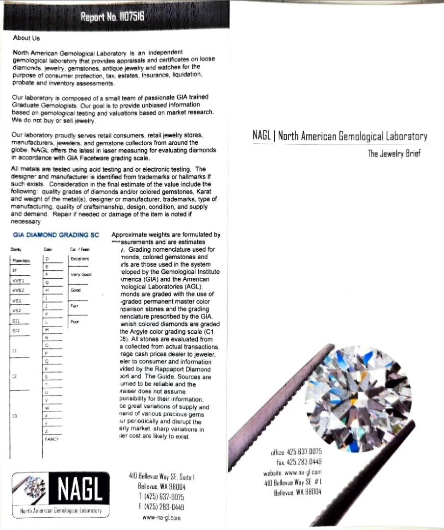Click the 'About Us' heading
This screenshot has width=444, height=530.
pyautogui.click(x=26, y=38)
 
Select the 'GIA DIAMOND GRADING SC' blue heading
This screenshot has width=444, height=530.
pyautogui.click(x=56, y=235)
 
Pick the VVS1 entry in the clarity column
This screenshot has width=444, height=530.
pyautogui.click(x=18, y=281)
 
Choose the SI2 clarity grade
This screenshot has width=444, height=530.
pyautogui.click(x=16, y=331)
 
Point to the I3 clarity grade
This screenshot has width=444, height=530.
pyautogui.click(x=15, y=417)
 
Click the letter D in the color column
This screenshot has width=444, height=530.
pyautogui.click(x=47, y=259)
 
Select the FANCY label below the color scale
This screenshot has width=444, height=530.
pyautogui.click(x=52, y=439)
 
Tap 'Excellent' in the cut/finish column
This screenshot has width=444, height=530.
pyautogui.click(x=80, y=259)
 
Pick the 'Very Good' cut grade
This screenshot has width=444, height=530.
pyautogui.click(x=81, y=275)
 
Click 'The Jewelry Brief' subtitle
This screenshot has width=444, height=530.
pyautogui.click(x=394, y=154)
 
